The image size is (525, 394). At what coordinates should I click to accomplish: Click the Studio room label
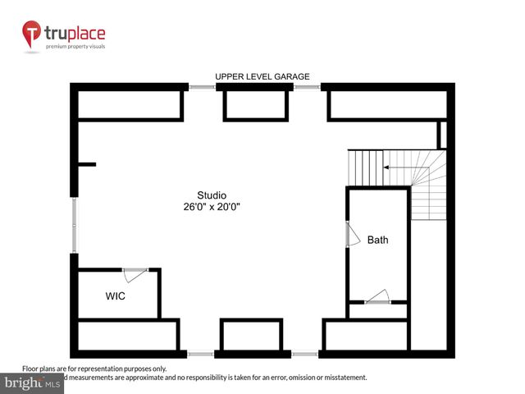[x=212, y=195]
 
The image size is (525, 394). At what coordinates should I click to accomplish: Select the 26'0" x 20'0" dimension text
[x=212, y=207]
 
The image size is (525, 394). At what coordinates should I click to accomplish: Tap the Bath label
[x=377, y=241]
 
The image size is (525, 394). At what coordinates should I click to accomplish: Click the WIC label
[x=116, y=296]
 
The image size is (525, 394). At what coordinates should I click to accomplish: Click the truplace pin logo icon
[x=32, y=34]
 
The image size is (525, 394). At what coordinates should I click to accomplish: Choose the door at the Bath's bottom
[x=377, y=297]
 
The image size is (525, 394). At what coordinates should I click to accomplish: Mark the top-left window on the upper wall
[x=202, y=86]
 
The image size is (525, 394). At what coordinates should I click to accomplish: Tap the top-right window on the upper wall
[x=307, y=86]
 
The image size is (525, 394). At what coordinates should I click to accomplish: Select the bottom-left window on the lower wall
[x=200, y=355]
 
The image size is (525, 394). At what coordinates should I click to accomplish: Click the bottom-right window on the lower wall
[x=305, y=355]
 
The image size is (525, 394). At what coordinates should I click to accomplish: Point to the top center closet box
[x=256, y=105]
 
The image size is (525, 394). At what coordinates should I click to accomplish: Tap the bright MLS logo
[x=33, y=383]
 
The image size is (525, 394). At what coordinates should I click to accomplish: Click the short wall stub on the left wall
[x=86, y=165]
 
